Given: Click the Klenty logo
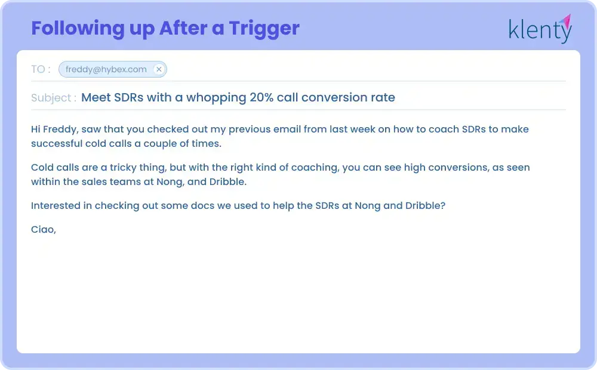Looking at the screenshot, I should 540,29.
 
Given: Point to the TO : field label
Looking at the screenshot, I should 41,69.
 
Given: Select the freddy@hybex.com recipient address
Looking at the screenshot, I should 106,69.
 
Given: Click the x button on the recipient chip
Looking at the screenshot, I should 159,69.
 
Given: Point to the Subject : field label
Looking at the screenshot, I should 53,98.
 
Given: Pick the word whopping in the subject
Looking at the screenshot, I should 217,97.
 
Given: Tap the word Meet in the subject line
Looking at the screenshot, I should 96,97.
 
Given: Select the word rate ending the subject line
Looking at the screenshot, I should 383,97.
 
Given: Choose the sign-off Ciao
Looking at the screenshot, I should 43,229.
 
